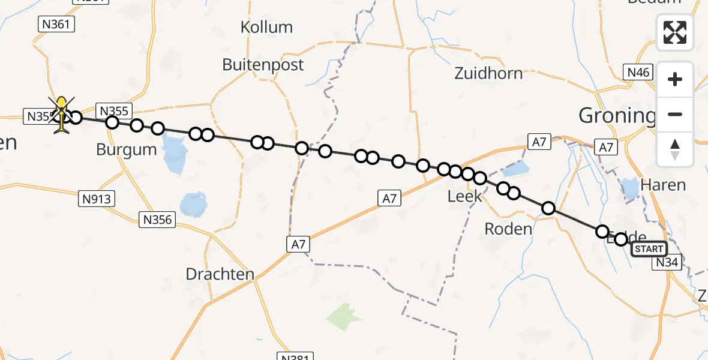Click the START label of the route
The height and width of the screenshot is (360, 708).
click(649, 249)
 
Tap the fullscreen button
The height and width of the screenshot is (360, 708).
click(675, 32)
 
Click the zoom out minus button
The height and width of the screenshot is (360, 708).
click(675, 114)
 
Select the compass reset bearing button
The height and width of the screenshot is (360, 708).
click(675, 149)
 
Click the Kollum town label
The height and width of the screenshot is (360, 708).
click(266, 28)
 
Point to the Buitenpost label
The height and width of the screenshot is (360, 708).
click(263, 65)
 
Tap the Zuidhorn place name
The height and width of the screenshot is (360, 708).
click(488, 73)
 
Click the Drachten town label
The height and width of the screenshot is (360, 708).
click(220, 274)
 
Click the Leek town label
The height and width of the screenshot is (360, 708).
click(464, 196)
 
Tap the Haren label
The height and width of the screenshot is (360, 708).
click(662, 185)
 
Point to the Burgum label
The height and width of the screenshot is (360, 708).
click(126, 149)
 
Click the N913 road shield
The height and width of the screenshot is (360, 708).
click(97, 199)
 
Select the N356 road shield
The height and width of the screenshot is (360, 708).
click(158, 220)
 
